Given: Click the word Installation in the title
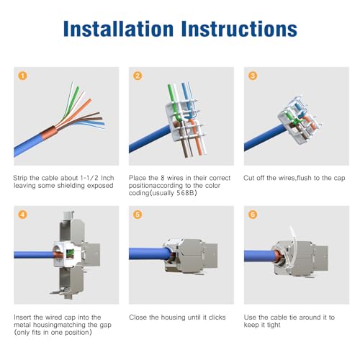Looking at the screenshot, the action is [x=118, y=29].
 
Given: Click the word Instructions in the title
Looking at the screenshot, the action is [x=239, y=29].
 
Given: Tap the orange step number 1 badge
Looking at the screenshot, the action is [x=22, y=76].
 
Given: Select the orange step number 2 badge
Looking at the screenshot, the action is [x=138, y=76].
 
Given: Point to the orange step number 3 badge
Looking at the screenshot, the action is [x=253, y=76].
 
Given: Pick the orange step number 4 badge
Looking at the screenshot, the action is [x=22, y=215].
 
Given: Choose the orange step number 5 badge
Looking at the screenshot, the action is [x=138, y=215].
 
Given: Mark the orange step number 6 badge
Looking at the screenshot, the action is [x=253, y=215].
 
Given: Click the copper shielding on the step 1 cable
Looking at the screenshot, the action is [x=49, y=133].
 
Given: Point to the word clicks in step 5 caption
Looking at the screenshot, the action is [x=217, y=318].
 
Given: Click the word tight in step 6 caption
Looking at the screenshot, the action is [x=274, y=325].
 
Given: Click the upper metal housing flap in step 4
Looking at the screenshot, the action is [x=72, y=228].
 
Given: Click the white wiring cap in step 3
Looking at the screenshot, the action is [x=300, y=120].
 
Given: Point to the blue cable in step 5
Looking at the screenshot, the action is [x=150, y=253].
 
